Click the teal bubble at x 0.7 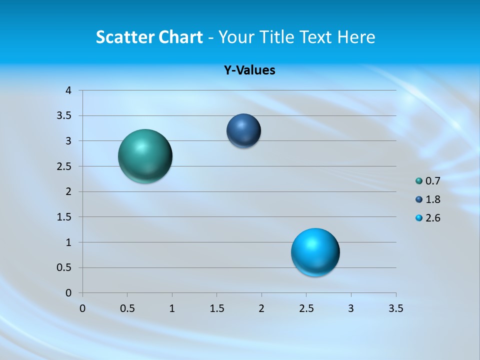click(145, 156)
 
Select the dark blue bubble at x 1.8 click(243, 130)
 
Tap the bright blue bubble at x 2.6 click(315, 252)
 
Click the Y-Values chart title click(249, 70)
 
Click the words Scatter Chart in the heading click(149, 37)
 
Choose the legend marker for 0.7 click(419, 180)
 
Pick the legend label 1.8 click(432, 199)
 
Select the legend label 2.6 click(432, 218)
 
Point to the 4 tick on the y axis click(69, 90)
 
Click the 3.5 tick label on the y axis click(64, 116)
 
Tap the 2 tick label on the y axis click(69, 191)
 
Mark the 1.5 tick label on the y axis click(64, 217)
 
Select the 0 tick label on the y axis click(69, 293)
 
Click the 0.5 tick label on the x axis click(127, 308)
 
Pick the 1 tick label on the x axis click(172, 308)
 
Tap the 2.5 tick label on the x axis click(306, 308)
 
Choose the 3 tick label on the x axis click(351, 308)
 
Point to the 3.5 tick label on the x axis click(395, 308)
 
